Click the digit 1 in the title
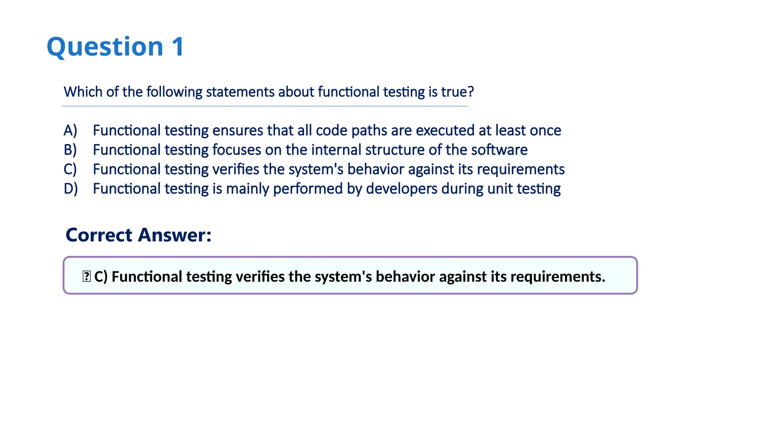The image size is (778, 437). click(177, 47)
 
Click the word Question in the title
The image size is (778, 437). click(105, 47)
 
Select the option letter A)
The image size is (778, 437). click(70, 130)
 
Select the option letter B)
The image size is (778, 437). click(70, 150)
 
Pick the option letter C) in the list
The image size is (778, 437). click(70, 169)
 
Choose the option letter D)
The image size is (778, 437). click(71, 189)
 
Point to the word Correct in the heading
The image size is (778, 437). click(99, 235)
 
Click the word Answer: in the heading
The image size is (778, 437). click(174, 235)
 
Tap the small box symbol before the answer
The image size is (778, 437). click(86, 276)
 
